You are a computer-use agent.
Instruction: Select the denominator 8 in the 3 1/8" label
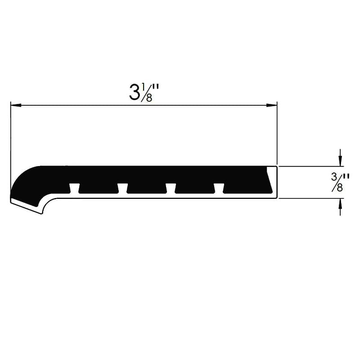[149, 98]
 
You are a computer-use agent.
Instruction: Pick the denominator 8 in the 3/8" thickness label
[340, 187]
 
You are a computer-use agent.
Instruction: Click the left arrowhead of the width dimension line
[16, 106]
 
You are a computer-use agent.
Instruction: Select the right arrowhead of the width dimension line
[271, 106]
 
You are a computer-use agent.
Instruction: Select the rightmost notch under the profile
[218, 188]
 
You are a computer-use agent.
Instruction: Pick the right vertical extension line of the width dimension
[277, 135]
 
